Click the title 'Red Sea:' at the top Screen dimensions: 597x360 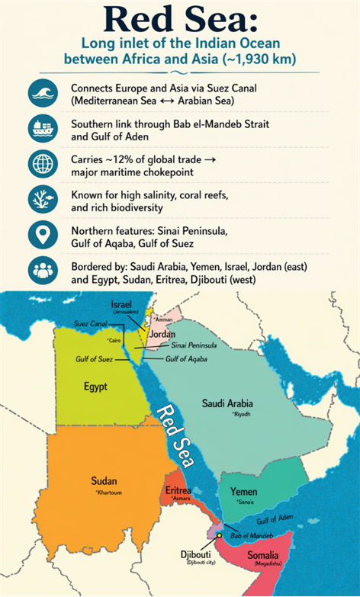[179, 20]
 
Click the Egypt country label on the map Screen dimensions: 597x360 [95, 387]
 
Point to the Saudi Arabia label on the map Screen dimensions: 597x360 [227, 403]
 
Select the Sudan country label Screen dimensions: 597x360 [104, 481]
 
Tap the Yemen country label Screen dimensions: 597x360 [243, 492]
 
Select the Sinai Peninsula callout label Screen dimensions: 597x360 [194, 345]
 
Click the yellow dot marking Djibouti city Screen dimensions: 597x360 [218, 537]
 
